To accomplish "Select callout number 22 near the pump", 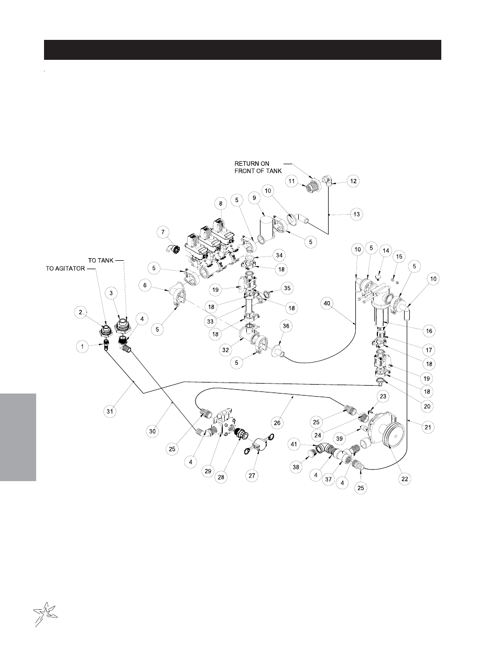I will [405, 479].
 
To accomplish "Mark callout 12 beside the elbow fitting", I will [353, 181].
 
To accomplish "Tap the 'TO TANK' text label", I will [101, 260].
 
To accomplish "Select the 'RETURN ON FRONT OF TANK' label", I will [258, 167].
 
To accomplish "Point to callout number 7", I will [163, 231].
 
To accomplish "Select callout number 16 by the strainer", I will [429, 331].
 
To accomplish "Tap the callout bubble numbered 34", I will [279, 256].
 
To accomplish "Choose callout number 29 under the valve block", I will [208, 472].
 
